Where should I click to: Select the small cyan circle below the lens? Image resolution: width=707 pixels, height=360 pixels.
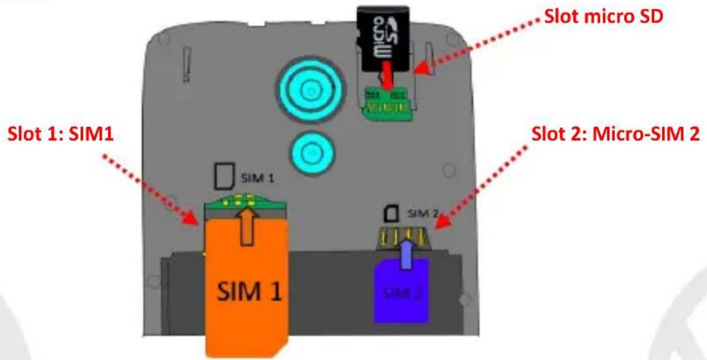click(x=312, y=152)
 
